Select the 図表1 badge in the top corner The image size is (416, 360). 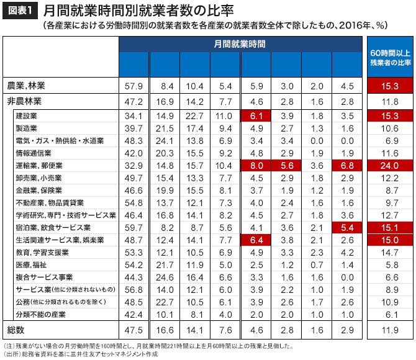19,11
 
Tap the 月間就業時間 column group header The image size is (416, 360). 240,44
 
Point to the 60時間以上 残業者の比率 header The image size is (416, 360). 390,58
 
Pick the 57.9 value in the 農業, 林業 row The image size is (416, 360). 134,85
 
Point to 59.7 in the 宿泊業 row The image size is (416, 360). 134,227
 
